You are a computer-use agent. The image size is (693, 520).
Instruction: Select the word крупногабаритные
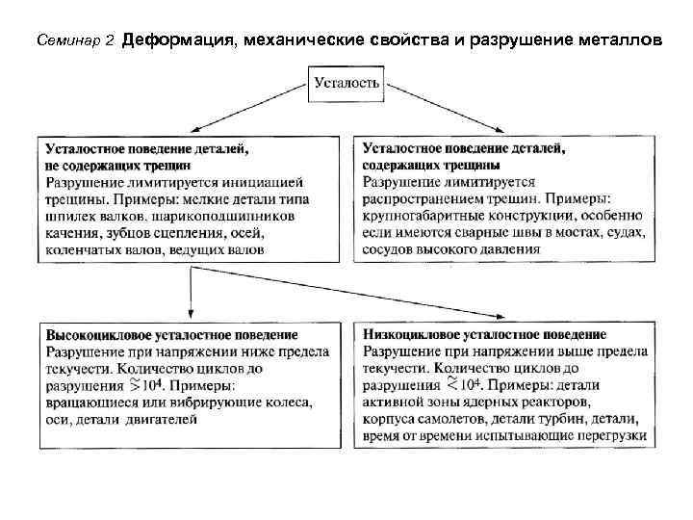pyautogui.click(x=420, y=216)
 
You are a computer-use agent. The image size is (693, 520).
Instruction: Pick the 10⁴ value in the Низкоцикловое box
pyautogui.click(x=458, y=385)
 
